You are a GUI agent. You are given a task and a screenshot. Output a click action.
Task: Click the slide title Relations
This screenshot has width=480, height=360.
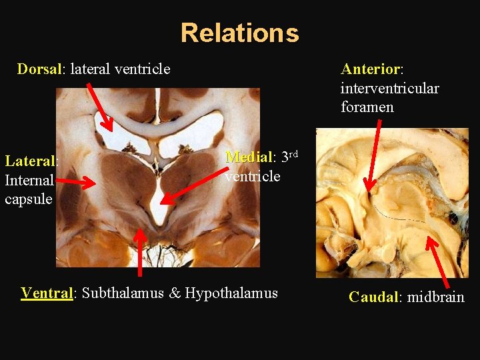(x=239, y=33)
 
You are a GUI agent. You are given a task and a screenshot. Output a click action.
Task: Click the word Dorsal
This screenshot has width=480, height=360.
(x=39, y=69)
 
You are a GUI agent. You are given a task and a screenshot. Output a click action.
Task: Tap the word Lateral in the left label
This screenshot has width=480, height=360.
(x=31, y=161)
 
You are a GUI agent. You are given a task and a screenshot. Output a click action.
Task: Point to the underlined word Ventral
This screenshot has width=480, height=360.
(x=47, y=293)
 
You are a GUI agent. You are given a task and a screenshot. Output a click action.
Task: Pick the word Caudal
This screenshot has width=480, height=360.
(x=373, y=297)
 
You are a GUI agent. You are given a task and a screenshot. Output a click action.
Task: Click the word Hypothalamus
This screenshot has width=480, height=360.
(x=231, y=293)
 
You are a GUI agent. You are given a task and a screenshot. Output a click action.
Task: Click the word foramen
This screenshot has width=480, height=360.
(x=367, y=107)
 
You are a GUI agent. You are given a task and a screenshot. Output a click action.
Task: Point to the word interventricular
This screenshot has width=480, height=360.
(x=389, y=88)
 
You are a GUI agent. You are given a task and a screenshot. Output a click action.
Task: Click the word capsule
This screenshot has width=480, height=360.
(x=29, y=199)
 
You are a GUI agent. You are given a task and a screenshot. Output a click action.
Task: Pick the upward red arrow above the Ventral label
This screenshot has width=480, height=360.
(x=139, y=251)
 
